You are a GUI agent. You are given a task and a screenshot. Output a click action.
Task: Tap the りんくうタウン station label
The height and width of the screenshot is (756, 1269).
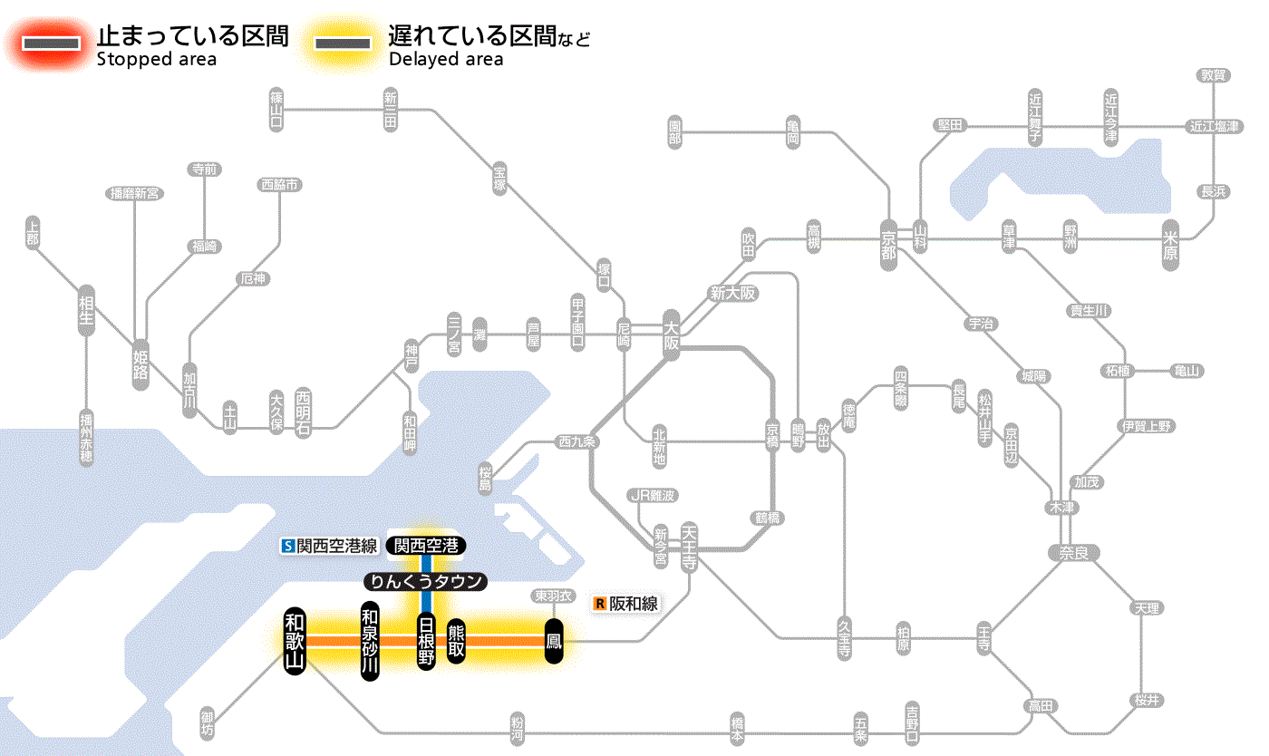click(x=425, y=582)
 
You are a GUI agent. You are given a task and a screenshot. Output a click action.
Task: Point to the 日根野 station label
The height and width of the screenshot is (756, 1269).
click(x=426, y=640)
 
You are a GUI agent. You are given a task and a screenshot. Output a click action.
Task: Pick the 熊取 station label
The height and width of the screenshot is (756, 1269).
click(x=456, y=641)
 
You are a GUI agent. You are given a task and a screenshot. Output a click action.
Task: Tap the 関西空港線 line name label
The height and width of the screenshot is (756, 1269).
click(x=330, y=546)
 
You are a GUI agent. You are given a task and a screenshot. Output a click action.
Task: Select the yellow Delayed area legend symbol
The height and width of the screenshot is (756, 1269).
click(x=342, y=44)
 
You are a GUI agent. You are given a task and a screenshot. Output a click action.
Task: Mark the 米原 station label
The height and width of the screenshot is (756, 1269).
click(x=1170, y=246)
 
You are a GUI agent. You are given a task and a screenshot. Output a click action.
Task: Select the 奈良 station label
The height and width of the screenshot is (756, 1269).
click(x=1073, y=552)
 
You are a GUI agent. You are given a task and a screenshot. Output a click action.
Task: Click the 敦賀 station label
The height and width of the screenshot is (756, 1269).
click(x=1214, y=75)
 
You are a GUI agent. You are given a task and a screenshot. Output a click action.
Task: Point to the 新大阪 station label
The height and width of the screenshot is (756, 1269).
click(x=732, y=294)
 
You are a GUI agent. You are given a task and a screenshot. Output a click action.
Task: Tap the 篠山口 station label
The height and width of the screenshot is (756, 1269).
click(x=276, y=109)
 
